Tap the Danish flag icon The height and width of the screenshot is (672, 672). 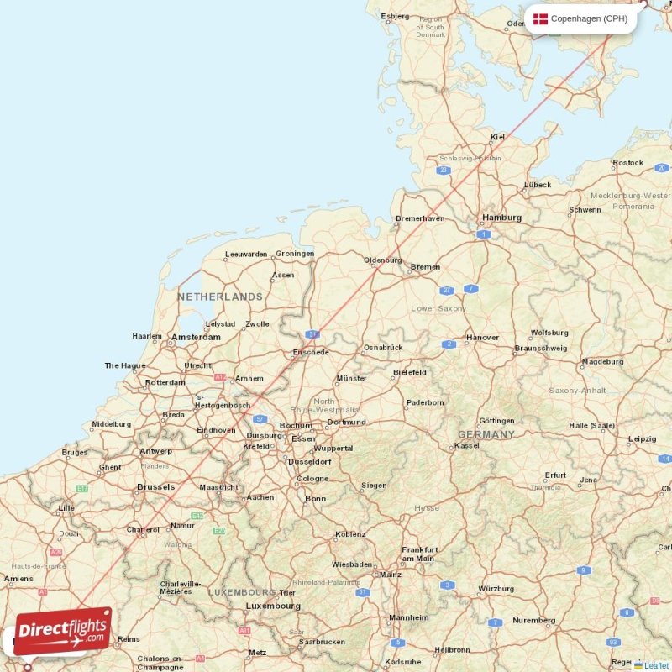tap(540, 18)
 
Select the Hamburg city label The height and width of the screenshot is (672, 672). tap(501, 218)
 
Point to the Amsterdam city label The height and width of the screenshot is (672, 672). tap(196, 338)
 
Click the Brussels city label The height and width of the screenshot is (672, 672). tap(156, 487)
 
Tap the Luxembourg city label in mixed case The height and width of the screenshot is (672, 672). tap(273, 606)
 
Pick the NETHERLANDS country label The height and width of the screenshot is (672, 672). tap(220, 297)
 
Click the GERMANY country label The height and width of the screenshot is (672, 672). tap(486, 434)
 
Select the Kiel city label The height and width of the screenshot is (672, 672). tap(498, 137)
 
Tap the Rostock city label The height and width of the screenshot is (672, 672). tap(627, 163)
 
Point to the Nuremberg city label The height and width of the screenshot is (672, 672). tap(533, 621)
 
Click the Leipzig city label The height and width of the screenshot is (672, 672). tap(642, 438)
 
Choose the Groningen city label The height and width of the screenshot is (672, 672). tap(295, 254)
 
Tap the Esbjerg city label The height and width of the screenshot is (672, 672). tap(395, 16)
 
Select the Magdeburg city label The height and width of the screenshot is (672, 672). tap(602, 362)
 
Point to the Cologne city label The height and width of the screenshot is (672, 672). tap(312, 479)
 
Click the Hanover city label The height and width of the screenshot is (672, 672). tap(482, 338)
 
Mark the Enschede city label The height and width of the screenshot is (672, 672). tap(310, 353)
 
